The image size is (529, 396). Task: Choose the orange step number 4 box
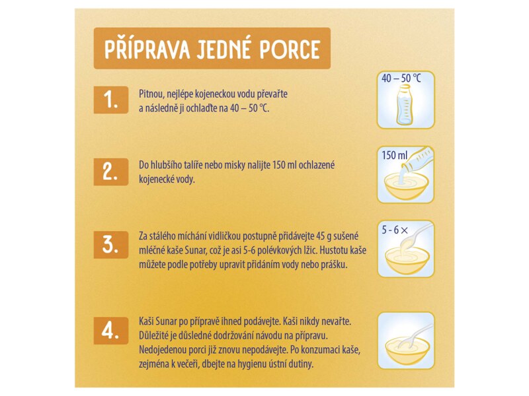(110, 330)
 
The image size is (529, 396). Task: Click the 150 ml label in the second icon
(394, 156)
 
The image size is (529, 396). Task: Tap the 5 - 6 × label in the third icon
(395, 230)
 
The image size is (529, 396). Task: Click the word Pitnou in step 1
(151, 94)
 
